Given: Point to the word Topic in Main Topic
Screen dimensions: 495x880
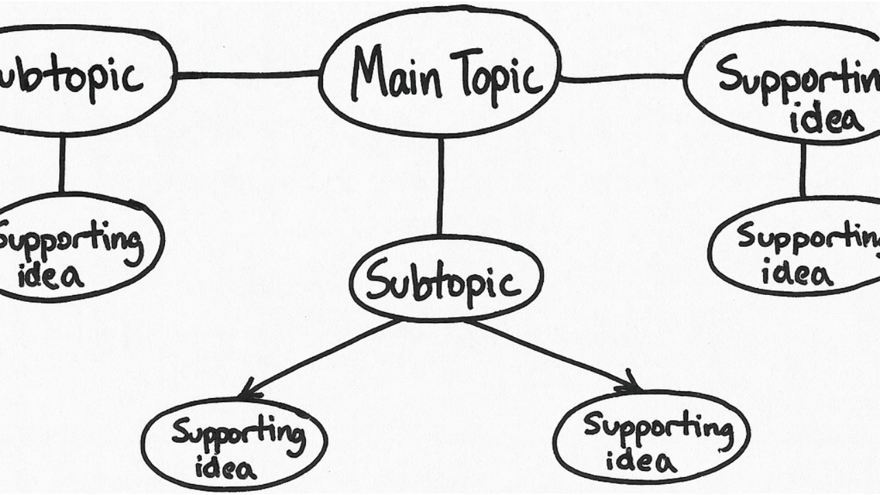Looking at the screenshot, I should click(x=495, y=77).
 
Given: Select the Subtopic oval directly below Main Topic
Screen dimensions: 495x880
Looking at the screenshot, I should click(x=446, y=279).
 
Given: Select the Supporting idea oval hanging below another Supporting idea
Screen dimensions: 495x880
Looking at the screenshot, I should click(x=797, y=247).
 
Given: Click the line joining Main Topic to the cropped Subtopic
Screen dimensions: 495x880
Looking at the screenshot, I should click(x=247, y=74).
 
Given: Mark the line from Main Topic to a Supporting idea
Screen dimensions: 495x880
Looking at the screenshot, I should click(x=622, y=79).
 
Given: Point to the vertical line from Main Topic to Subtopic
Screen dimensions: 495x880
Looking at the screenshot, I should click(x=440, y=186).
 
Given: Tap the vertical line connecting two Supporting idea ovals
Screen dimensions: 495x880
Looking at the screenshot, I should click(x=802, y=170).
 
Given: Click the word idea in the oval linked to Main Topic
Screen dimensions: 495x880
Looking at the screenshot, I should click(x=826, y=120).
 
